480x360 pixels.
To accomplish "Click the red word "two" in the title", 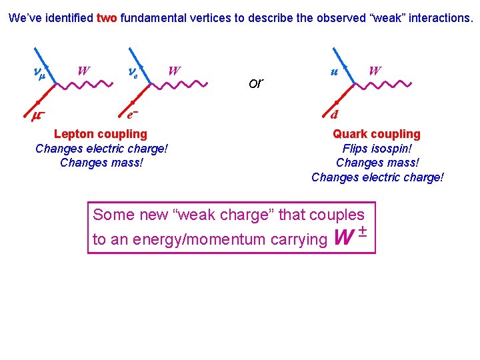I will click(107, 19).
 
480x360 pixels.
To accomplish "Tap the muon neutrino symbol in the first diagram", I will click(39, 71).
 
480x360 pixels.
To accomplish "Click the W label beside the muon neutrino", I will click(83, 70).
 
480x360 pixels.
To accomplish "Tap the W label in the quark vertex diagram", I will click(375, 70).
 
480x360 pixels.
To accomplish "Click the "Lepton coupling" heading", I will click(101, 134).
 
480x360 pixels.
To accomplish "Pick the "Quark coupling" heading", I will click(377, 134).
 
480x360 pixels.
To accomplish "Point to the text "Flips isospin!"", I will click(377, 149).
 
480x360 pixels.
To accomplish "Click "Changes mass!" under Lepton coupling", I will click(101, 163).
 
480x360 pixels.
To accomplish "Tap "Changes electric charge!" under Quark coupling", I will click(377, 177).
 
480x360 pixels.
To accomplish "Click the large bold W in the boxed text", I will click(342, 237).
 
